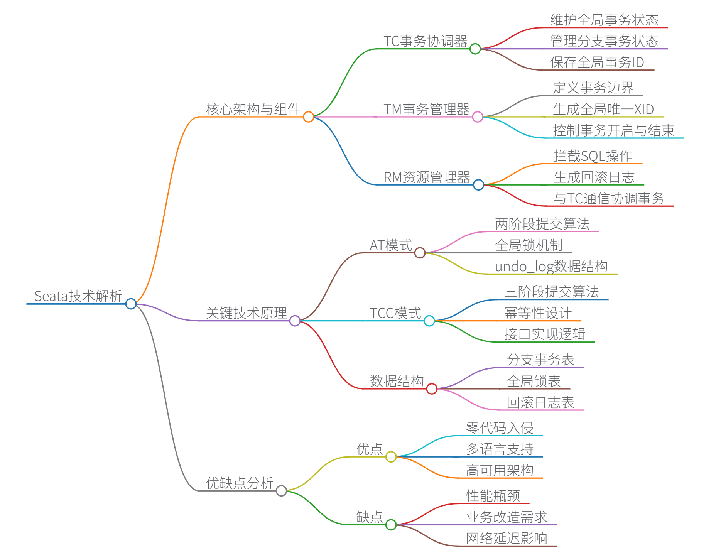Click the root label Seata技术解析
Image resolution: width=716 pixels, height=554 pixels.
[78, 296]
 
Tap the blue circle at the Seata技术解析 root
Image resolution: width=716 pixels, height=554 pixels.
[131, 304]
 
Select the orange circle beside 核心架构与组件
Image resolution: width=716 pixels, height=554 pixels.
[308, 117]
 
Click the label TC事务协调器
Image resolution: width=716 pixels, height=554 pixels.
[425, 41]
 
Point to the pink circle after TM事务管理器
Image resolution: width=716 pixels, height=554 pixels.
[478, 117]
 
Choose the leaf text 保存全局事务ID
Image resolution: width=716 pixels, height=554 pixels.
[597, 62]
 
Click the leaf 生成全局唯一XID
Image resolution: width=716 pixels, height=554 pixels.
[603, 109]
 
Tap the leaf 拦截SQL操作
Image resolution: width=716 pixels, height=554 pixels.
[593, 156]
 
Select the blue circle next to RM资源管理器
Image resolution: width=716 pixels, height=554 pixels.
[478, 185]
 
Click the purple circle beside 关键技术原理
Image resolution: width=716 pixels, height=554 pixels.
[295, 321]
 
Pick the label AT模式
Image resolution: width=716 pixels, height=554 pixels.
[391, 245]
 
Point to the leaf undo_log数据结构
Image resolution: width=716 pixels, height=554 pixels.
[551, 266]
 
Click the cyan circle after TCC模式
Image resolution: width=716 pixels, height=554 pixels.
[429, 321]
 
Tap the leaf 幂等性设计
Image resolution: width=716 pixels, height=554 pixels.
[538, 313]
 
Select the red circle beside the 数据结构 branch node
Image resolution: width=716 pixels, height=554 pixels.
[432, 388]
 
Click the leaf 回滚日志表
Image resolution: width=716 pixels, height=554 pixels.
[540, 402]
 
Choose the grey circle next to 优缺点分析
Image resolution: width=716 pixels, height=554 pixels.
[281, 491]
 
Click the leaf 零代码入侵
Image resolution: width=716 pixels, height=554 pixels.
[500, 428]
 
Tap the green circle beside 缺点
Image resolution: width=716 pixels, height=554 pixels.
[391, 525]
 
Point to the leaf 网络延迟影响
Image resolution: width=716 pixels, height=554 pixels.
[507, 538]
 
